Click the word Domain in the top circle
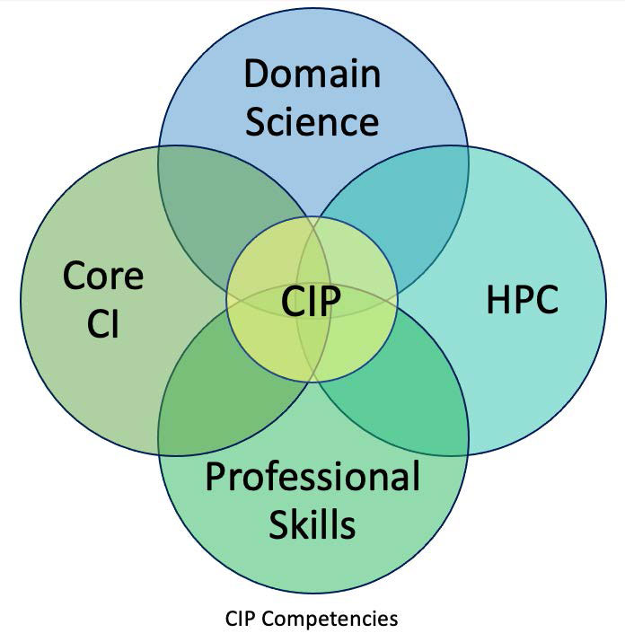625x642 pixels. [312, 74]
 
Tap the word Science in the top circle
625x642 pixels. [312, 122]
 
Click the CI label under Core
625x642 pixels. [102, 322]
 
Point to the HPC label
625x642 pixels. [523, 299]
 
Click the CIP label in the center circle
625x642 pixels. [311, 302]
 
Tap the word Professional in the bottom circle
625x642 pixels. [312, 477]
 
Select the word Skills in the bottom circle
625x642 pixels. [312, 524]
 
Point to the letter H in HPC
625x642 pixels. [497, 299]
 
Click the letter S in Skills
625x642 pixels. [278, 524]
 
